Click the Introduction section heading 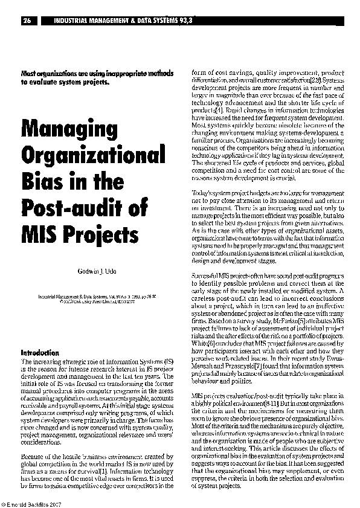[40, 352]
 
